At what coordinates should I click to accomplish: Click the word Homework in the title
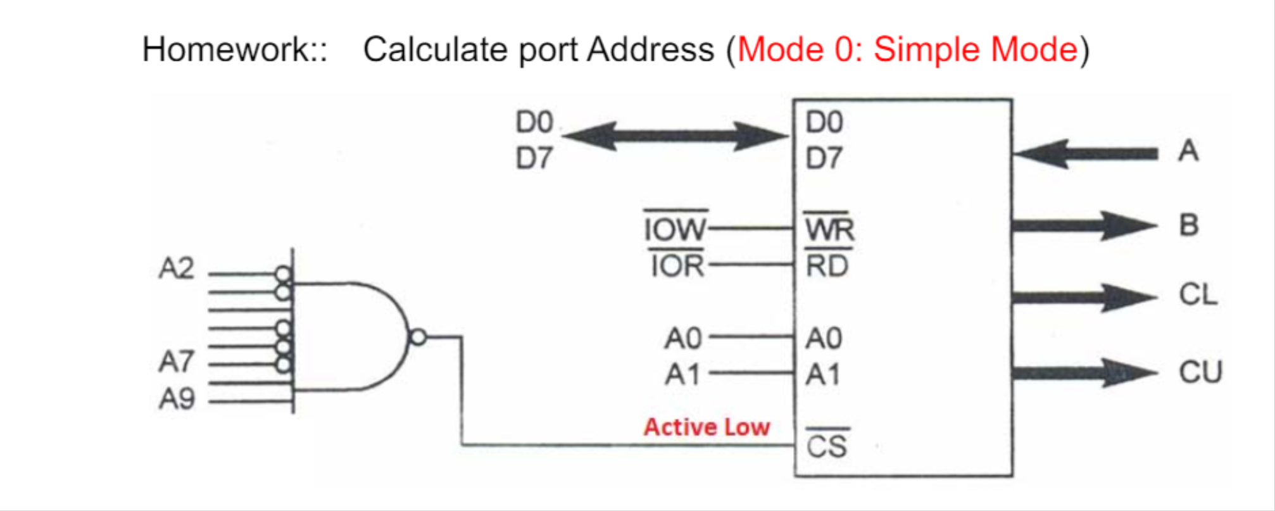225,49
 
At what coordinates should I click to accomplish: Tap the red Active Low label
707,427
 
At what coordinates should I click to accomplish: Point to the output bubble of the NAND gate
418,337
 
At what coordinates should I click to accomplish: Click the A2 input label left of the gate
177,268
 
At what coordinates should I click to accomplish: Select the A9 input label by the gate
177,399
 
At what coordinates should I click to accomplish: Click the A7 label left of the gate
177,362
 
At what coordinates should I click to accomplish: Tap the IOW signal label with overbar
675,229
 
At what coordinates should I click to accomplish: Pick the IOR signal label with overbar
677,266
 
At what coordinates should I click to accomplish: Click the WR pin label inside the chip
829,229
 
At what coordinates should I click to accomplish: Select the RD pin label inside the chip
827,266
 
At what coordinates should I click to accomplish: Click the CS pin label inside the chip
827,446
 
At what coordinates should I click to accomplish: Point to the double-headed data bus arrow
675,136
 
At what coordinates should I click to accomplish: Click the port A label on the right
1188,151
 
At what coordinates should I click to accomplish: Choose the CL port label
1198,294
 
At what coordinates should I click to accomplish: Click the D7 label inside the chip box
824,158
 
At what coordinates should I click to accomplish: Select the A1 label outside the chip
682,374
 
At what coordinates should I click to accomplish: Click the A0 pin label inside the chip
824,338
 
